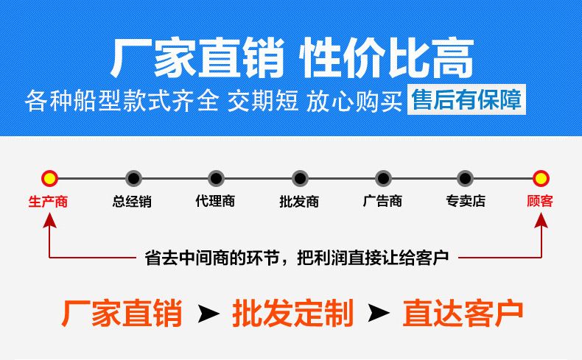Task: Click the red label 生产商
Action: tap(49, 201)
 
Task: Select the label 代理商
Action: tap(215, 201)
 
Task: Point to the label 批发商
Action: tap(299, 201)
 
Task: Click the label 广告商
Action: tap(382, 201)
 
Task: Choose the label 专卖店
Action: tap(466, 201)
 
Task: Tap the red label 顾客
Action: tap(540, 201)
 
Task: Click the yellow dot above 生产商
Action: tap(49, 177)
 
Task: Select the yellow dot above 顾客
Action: tap(541, 177)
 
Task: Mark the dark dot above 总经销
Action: tap(133, 177)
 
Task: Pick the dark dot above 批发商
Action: tap(299, 177)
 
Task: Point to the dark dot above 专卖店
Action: tap(466, 177)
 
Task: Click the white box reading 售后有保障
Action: tap(466, 100)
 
